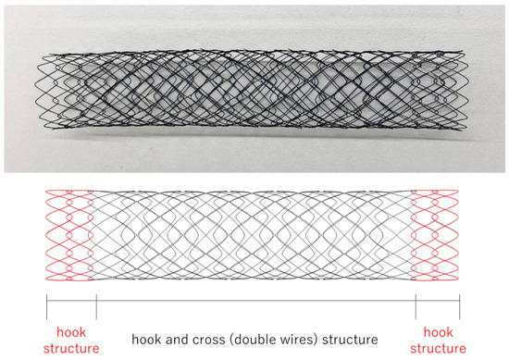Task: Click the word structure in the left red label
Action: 70,348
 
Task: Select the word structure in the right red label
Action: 438,348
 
